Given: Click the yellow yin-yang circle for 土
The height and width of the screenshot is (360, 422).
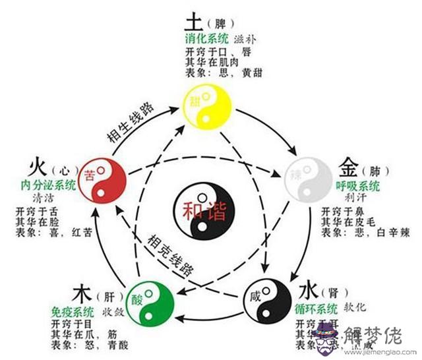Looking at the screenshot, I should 207,109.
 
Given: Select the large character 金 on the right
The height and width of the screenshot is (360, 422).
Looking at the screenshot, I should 350,165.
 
